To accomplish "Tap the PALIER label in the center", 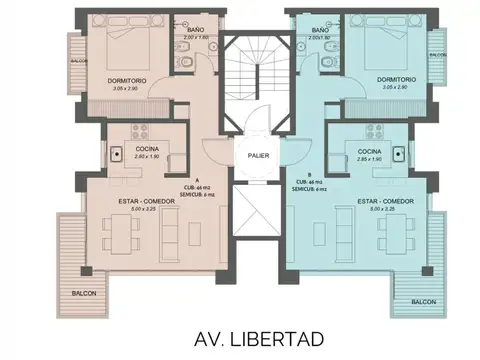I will pyautogui.click(x=250, y=155).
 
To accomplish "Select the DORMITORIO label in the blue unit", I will pyautogui.click(x=397, y=79).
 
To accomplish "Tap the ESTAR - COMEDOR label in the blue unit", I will pyautogui.click(x=385, y=200).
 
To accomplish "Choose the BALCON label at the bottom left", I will pyautogui.click(x=85, y=294).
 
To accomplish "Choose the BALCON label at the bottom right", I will pyautogui.click(x=423, y=300).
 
